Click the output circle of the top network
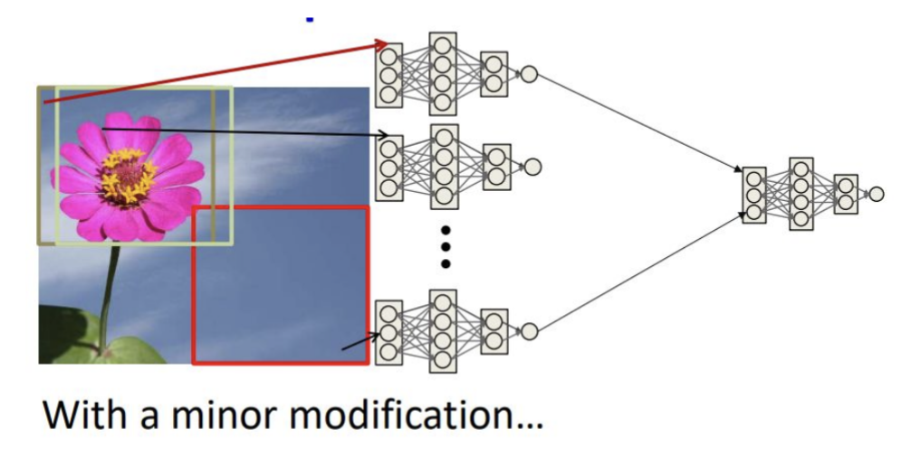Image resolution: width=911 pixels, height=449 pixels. (529, 74)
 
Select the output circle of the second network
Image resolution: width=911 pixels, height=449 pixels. (532, 167)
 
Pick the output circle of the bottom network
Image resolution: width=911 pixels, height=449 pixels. (531, 331)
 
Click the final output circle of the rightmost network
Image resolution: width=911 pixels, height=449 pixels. (876, 193)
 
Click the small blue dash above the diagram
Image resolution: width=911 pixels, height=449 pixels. (310, 18)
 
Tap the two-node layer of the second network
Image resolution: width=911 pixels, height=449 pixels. (496, 167)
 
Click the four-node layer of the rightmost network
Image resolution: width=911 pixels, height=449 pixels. (801, 194)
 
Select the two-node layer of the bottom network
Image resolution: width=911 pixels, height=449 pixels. (494, 331)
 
